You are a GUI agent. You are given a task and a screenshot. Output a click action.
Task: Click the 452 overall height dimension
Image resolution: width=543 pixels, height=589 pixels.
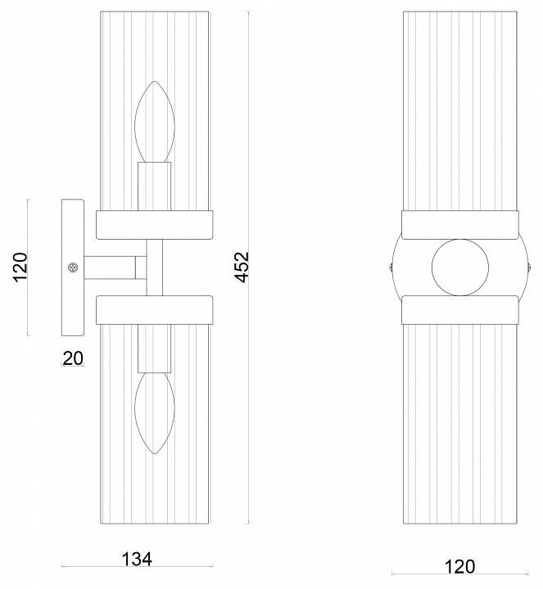[x=242, y=267]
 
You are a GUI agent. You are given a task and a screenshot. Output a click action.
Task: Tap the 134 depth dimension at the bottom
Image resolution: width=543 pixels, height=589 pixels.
[x=137, y=560]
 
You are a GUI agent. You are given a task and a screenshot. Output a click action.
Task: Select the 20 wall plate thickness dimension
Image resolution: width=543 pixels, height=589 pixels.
[x=73, y=358]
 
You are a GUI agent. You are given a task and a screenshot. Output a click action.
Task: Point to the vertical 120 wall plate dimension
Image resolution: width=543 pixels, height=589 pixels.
[x=20, y=267]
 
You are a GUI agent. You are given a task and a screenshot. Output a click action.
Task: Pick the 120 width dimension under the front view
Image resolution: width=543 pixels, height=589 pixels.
[x=459, y=566]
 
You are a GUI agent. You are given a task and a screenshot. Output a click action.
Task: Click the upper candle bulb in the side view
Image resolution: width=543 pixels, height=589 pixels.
[x=155, y=122]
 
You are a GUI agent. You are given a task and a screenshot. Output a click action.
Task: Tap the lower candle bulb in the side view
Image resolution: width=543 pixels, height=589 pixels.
[x=155, y=413]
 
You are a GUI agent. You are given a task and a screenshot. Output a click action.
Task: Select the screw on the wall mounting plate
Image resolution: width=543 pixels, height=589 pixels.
[x=73, y=268]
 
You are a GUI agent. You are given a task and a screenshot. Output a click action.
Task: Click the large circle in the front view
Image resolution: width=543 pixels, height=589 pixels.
[x=460, y=267]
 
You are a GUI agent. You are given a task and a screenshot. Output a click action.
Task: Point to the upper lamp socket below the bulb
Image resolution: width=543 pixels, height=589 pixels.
[x=155, y=187]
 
